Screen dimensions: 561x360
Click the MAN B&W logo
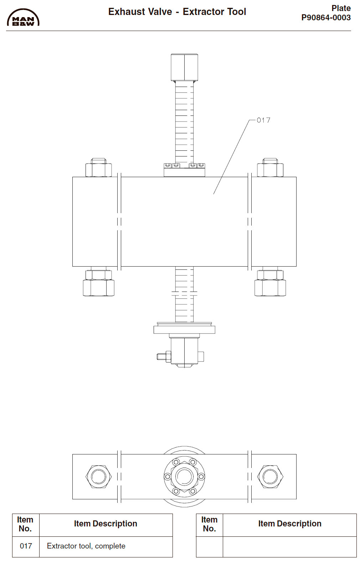(x=23, y=18)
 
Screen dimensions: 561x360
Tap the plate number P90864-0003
(x=326, y=18)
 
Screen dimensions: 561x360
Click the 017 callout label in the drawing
(x=263, y=120)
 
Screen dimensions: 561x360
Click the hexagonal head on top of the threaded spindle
(x=184, y=67)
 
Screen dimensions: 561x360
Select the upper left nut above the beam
(x=99, y=169)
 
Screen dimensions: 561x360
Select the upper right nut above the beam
(x=270, y=169)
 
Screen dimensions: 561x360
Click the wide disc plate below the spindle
(x=184, y=330)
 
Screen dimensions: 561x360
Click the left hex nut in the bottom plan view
(x=99, y=477)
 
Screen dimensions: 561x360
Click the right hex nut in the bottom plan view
(x=270, y=477)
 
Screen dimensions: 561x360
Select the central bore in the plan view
(x=184, y=477)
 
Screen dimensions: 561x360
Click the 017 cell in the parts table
(x=26, y=546)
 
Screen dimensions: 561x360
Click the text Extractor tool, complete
(x=86, y=546)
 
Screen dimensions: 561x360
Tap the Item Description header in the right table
(x=289, y=524)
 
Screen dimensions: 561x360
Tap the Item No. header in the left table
(x=25, y=524)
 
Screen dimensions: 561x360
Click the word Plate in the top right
(x=341, y=8)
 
